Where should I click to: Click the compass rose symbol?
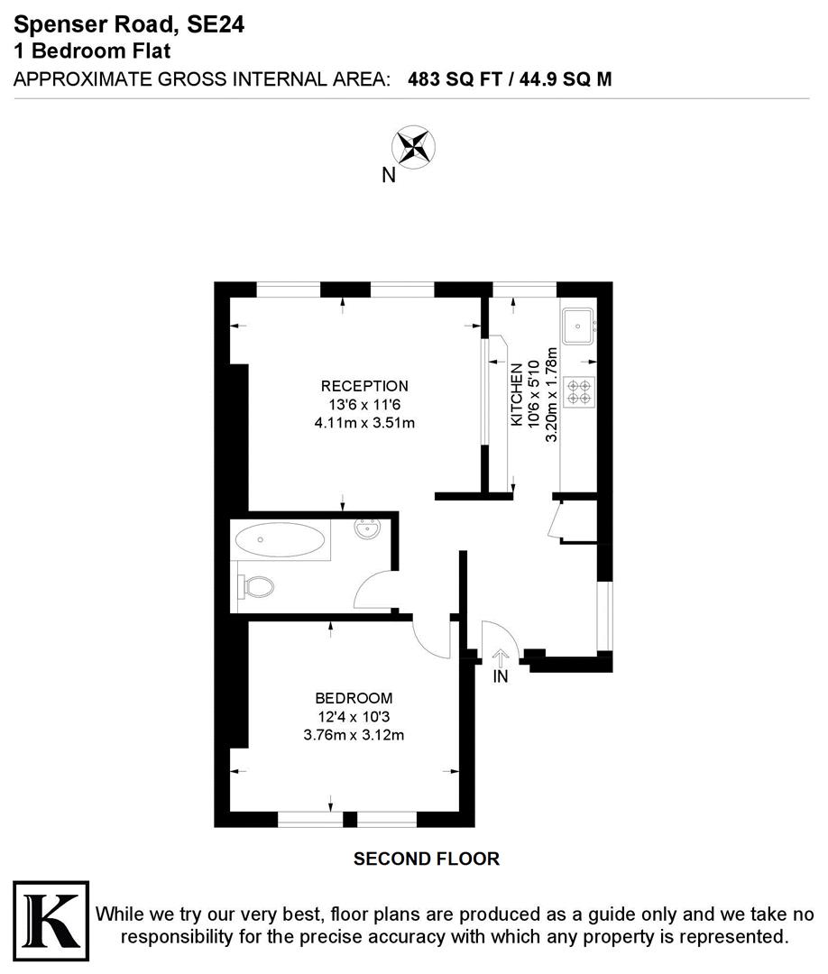413,147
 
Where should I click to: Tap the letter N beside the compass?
389,176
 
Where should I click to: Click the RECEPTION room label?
364,386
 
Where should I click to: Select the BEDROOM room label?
354,697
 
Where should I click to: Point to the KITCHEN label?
517,395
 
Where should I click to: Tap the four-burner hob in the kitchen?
578,390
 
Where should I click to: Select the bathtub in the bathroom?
280,542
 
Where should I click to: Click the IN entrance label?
501,676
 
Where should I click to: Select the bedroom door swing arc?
431,638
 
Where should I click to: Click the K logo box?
51,923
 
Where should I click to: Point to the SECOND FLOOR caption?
426,859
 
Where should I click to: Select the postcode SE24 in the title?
215,26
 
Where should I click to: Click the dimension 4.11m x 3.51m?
364,422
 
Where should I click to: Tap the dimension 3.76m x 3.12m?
354,734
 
